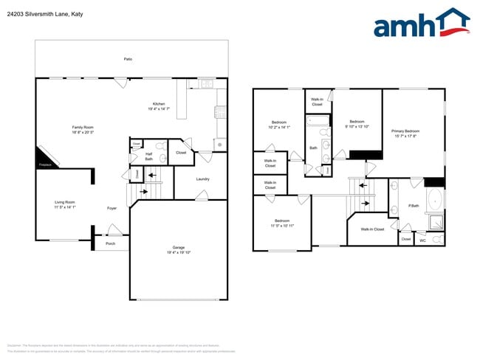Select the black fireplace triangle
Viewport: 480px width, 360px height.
[x=43, y=158]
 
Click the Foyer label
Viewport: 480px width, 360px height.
[x=112, y=209]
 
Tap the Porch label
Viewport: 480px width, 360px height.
[x=110, y=243]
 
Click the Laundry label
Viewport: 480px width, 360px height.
[x=203, y=179]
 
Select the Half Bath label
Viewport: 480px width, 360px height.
[x=148, y=156]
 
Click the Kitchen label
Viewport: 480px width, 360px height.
[x=159, y=104]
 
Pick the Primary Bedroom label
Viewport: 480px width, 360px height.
[x=405, y=131]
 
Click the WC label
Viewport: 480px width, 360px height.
[x=423, y=240]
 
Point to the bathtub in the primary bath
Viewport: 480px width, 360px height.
[x=436, y=200]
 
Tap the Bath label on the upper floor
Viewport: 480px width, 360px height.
[x=313, y=148]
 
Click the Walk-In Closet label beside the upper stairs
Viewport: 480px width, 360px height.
[x=372, y=229]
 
